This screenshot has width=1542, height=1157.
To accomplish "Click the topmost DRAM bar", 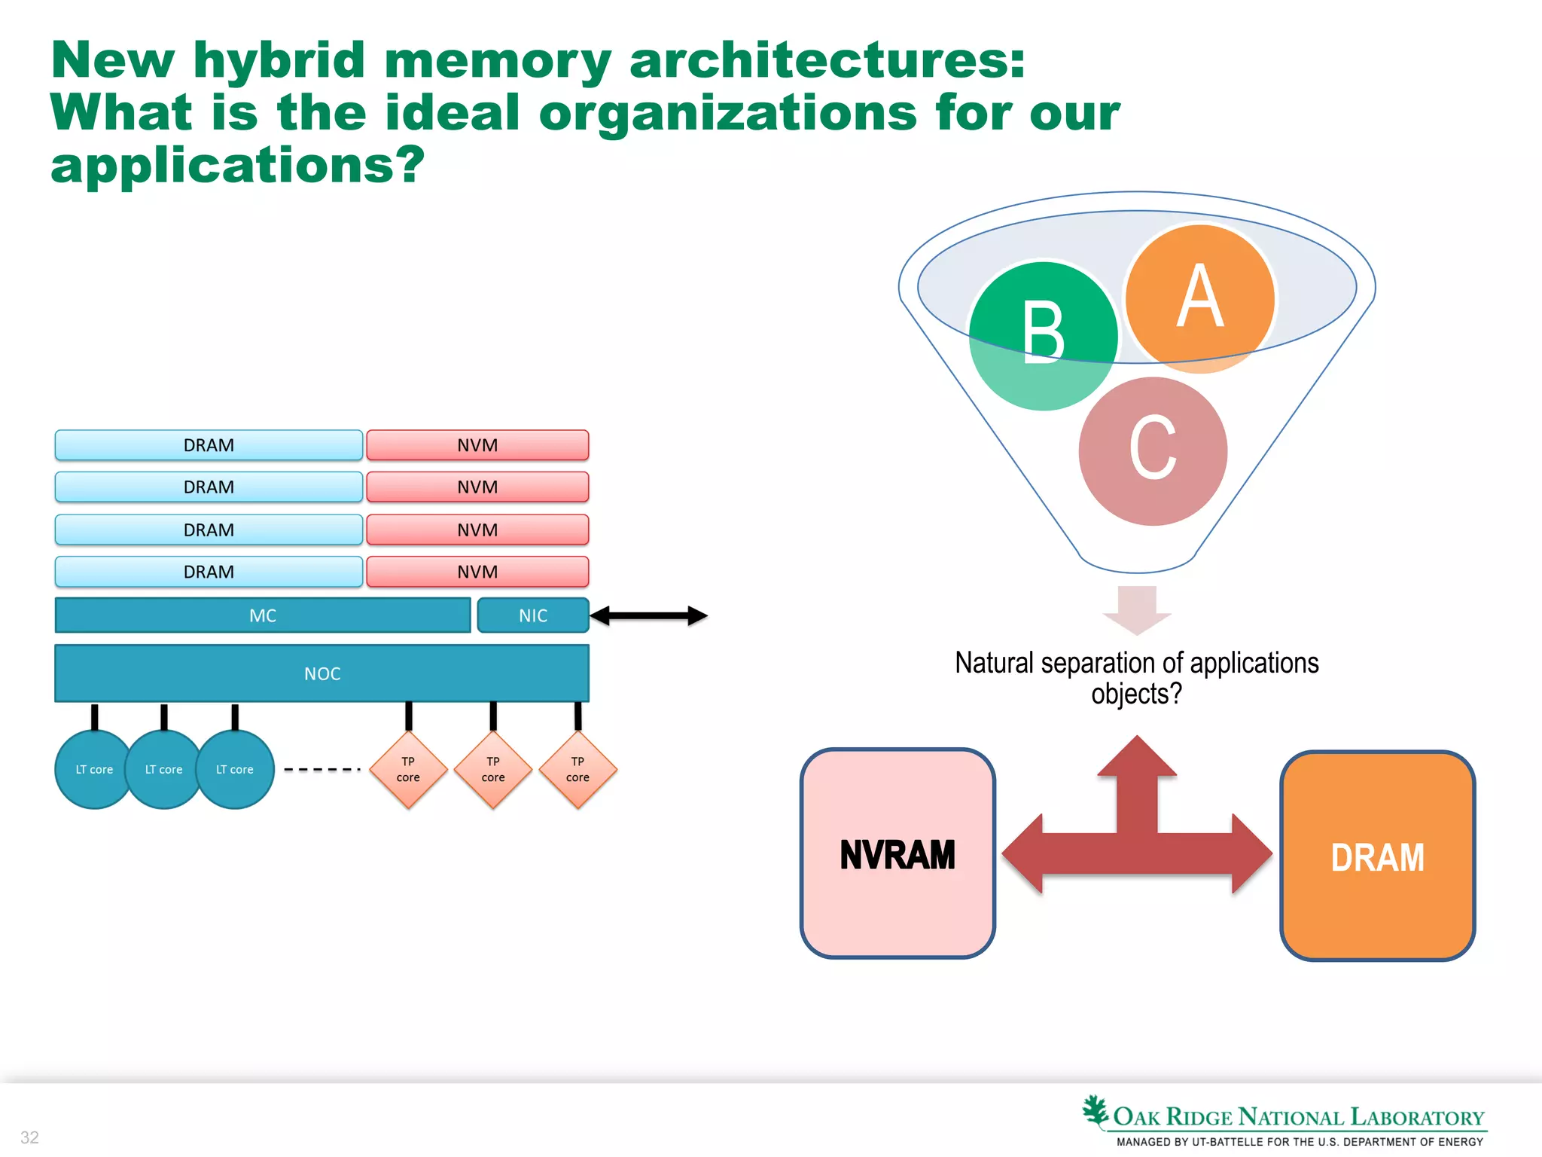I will click(x=209, y=445).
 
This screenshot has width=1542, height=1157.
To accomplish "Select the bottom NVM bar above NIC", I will click(x=477, y=572).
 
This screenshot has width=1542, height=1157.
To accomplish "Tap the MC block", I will click(x=263, y=615).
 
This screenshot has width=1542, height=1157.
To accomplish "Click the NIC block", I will click(x=533, y=615).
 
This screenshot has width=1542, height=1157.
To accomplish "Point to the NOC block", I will click(x=322, y=673).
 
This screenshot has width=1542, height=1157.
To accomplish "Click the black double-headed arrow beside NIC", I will click(x=648, y=615).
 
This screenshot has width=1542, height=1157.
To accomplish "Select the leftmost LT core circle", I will click(x=93, y=769).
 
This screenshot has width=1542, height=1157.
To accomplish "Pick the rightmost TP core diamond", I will click(x=577, y=769).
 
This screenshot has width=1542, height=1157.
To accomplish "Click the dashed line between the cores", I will click(x=322, y=769).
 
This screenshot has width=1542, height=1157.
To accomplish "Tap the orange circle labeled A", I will click(x=1200, y=299).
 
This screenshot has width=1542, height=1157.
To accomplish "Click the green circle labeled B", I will click(x=1043, y=335).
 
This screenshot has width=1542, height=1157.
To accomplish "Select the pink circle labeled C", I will click(x=1153, y=450).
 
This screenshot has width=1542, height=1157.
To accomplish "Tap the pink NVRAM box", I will click(x=897, y=854).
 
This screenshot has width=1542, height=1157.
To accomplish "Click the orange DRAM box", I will click(x=1377, y=856).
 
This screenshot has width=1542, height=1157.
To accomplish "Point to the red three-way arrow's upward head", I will click(x=1137, y=757).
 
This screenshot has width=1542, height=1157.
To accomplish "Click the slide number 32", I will click(x=29, y=1137).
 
